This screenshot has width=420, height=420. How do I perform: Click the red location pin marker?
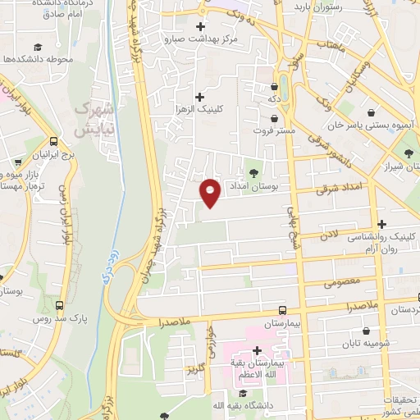tap(211, 192)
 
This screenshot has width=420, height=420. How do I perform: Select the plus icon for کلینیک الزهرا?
tap(199, 97)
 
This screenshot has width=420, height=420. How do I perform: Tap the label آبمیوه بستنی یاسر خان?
tap(367, 127)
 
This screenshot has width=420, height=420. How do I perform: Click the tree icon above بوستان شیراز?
tap(408, 153)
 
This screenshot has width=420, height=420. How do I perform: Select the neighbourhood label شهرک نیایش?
tap(92, 119)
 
